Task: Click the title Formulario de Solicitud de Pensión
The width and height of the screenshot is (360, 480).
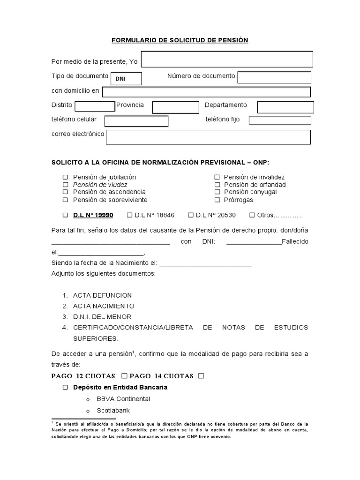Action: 180,40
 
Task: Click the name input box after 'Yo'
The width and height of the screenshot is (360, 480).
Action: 227,60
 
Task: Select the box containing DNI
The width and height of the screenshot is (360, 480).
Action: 125,79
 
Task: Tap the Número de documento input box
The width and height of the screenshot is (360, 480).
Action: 274,77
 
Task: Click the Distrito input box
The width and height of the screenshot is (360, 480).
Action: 95,106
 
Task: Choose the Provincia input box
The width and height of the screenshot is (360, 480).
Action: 169,107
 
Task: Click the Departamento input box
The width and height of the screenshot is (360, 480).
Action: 285,107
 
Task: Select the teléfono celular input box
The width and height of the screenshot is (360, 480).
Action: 136,121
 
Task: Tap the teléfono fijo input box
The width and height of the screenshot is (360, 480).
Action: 279,120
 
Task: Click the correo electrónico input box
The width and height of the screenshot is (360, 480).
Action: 208,137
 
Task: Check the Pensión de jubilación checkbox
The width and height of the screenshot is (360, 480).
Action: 66,177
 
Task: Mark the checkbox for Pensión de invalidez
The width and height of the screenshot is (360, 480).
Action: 217,177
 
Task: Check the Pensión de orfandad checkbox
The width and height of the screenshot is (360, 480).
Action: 217,185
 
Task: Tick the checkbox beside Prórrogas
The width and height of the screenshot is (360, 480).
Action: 217,200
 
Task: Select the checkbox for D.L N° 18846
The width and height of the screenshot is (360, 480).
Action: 130,215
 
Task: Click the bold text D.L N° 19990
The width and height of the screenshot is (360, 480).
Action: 93,215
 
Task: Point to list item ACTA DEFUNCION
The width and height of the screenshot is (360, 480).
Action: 102,295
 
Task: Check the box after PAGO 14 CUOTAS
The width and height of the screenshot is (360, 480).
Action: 201,376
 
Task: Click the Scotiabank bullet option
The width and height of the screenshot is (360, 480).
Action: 111,409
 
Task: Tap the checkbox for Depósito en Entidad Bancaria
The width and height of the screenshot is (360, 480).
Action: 66,388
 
